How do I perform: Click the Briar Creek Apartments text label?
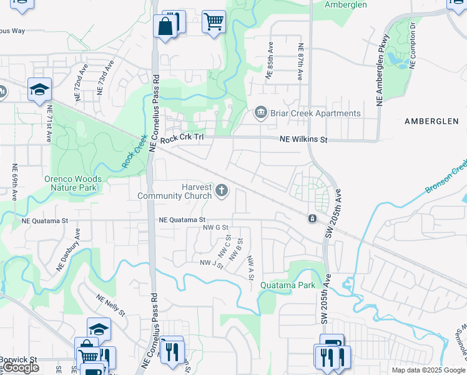pos(315,113)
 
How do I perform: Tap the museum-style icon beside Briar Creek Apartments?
pos(260,113)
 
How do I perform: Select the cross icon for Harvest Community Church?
pos(222,190)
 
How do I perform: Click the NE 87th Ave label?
pos(300,61)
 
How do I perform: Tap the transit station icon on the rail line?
pos(312,218)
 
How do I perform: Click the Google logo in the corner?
pos(21,368)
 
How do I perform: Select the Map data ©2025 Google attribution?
pos(428,370)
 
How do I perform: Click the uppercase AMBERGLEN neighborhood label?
pos(435,121)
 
